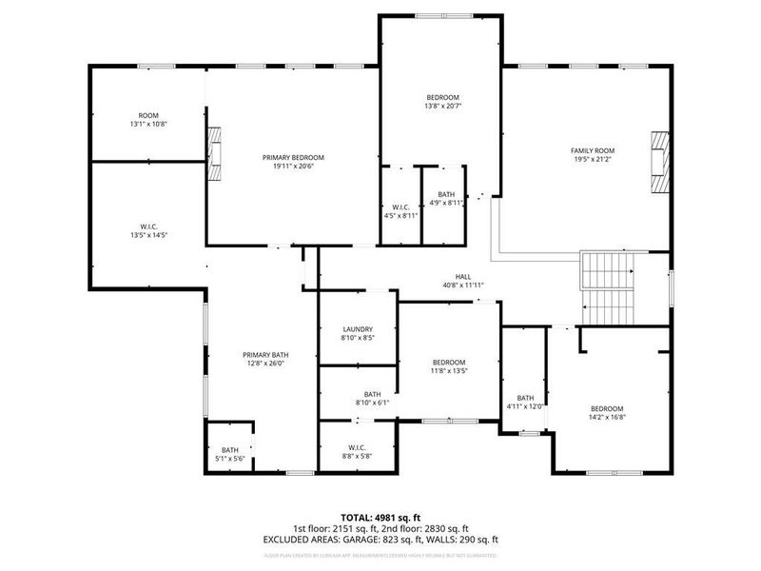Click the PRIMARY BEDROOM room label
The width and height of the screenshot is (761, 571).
[293, 162]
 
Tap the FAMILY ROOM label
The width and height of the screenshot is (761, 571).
[593, 155]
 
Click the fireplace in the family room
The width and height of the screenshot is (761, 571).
[658, 163]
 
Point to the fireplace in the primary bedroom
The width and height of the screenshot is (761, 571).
[216, 153]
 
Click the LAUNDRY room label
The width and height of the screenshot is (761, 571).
[358, 332]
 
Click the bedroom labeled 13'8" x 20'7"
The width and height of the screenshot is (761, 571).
[442, 103]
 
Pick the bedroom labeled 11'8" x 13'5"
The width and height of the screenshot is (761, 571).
[449, 366]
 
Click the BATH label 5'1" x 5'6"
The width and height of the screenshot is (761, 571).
[230, 455]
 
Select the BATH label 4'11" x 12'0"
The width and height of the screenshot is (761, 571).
[525, 403]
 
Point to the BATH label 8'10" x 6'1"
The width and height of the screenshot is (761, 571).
[371, 398]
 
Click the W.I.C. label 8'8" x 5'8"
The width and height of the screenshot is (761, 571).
[358, 452]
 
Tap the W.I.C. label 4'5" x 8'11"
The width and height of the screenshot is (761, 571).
[400, 211]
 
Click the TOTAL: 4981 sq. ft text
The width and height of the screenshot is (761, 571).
[380, 518]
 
